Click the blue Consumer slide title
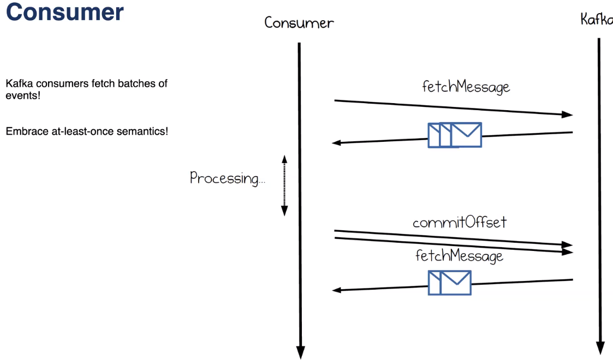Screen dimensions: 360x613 tap(64, 12)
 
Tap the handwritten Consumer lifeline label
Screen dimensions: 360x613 tap(299, 23)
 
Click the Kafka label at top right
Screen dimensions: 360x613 tap(596, 20)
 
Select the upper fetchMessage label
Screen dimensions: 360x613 tap(465, 87)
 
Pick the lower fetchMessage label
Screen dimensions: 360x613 tap(459, 256)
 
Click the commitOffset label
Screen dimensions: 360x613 tap(459, 223)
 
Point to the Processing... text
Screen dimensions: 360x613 tap(227, 178)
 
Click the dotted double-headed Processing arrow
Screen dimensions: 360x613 tap(284, 185)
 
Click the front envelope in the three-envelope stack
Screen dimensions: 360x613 tap(466, 135)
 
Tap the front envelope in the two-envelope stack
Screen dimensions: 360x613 tap(455, 282)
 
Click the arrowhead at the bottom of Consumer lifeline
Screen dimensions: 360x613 tap(300, 352)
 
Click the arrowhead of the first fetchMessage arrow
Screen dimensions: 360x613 tap(568, 115)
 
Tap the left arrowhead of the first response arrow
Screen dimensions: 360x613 tap(337, 143)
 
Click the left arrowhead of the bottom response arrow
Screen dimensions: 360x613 tap(337, 290)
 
